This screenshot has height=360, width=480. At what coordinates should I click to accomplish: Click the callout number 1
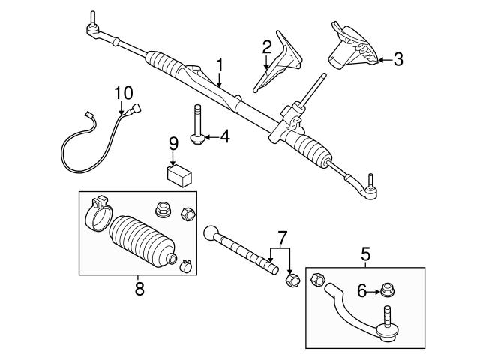(220, 66)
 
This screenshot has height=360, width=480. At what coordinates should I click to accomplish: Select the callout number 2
(266, 48)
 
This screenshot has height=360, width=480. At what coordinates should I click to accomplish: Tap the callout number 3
(397, 58)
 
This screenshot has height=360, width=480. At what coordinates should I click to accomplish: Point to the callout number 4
(223, 137)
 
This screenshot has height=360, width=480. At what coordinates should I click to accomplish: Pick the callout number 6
(361, 290)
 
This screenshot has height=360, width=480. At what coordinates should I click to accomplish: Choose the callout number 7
(282, 237)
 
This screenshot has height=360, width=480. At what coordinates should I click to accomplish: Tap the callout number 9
(172, 142)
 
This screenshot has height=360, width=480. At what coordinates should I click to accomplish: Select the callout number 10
(123, 93)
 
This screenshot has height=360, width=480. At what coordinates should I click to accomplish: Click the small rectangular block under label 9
(179, 175)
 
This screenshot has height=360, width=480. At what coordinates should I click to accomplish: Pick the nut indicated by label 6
(388, 290)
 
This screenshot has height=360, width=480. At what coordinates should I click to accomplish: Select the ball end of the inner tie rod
(212, 232)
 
